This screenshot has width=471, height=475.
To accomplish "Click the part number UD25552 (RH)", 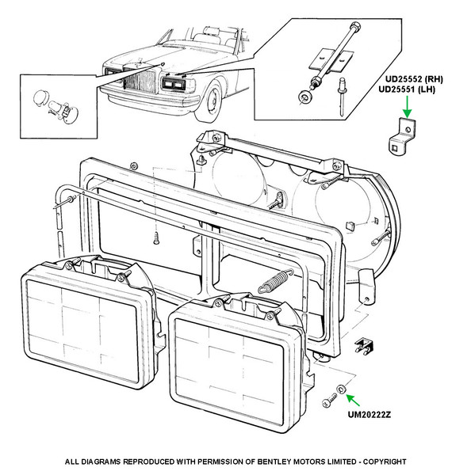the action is click(414, 79).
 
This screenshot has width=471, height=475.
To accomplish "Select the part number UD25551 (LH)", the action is click(407, 89).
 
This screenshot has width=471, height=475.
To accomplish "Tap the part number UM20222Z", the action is click(370, 415).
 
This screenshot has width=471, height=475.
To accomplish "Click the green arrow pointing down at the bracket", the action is click(408, 107).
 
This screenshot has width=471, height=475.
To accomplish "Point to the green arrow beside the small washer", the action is click(353, 400).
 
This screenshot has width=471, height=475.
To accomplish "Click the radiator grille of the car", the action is click(140, 81).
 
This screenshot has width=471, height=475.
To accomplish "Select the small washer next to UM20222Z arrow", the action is click(342, 389).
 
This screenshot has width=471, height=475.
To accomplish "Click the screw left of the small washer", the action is click(329, 400).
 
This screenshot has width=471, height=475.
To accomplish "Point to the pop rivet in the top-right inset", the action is click(342, 97).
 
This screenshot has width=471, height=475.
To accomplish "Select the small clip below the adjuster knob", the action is click(364, 346).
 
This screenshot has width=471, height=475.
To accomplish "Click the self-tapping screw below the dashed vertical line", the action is click(156, 238).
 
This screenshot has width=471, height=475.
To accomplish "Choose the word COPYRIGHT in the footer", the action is click(385, 462).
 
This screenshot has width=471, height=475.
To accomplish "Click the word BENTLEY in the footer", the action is click(274, 462).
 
